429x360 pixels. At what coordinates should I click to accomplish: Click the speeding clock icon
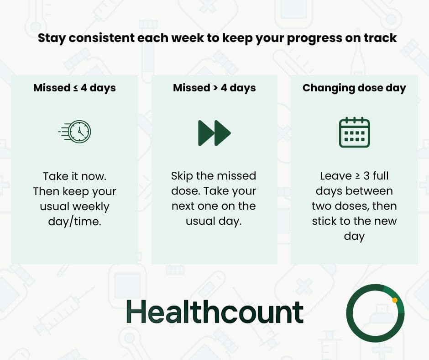tap(76, 132)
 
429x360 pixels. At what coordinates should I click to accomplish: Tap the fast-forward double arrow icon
tap(214, 133)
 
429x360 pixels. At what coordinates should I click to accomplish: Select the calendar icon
tap(354, 132)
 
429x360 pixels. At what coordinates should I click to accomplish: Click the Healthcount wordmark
tap(214, 312)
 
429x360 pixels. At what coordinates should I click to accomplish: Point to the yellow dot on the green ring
tap(395, 300)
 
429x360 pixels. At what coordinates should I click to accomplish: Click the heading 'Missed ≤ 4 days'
tap(74, 88)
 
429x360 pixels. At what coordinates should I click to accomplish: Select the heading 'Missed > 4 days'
tap(214, 88)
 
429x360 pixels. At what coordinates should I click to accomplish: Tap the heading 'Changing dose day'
tap(354, 88)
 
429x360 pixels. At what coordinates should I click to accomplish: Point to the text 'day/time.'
tap(74, 222)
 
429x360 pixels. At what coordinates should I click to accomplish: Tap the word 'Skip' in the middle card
tap(183, 176)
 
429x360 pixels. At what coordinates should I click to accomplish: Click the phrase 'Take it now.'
tap(74, 176)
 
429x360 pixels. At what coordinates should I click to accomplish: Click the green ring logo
tap(375, 313)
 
